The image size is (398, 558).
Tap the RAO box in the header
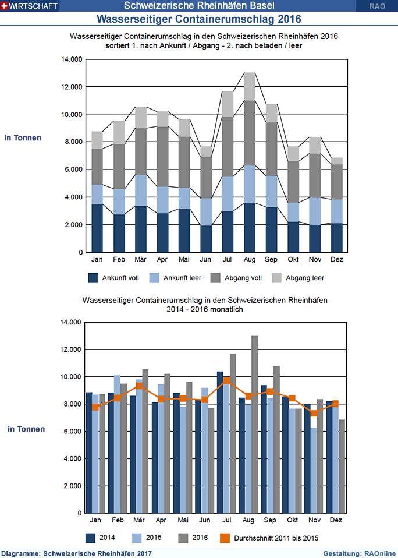[x=376, y=6]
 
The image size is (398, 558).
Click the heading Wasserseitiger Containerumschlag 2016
[x=198, y=19]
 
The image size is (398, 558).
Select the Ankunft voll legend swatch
[x=93, y=278]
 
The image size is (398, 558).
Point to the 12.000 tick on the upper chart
[x=72, y=87]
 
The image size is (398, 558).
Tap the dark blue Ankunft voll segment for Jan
[x=97, y=228]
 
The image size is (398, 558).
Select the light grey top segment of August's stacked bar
[x=250, y=86]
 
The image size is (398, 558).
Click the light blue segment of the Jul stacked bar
[x=228, y=194]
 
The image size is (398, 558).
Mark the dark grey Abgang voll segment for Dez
[x=336, y=182]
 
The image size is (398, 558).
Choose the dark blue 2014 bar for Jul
[x=220, y=442]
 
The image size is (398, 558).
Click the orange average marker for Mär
[x=139, y=386]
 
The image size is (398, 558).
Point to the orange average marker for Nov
[x=314, y=413]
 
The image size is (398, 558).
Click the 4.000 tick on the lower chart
[x=72, y=458]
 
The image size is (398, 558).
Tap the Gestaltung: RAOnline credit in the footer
[x=359, y=553]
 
